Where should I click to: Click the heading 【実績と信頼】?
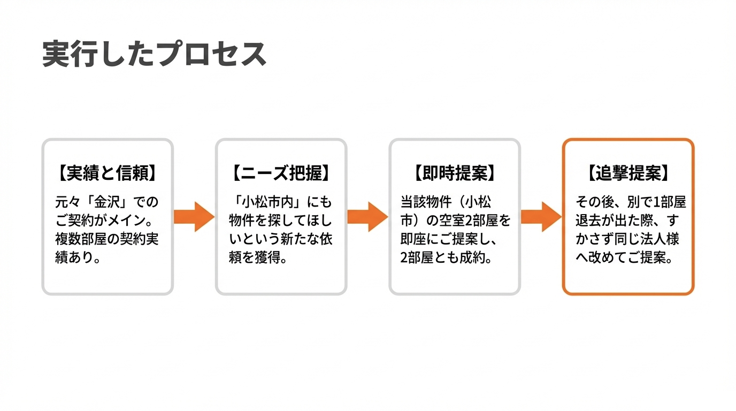(107, 173)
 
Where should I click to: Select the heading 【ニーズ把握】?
(281, 173)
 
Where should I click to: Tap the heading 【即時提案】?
(454, 173)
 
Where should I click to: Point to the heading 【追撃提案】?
(628, 173)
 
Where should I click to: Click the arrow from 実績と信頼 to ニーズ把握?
(194, 217)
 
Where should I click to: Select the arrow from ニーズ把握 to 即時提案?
(367, 217)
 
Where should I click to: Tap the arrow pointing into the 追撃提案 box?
(541, 217)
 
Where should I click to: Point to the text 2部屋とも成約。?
(446, 257)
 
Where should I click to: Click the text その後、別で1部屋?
(630, 202)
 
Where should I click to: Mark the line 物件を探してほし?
(280, 220)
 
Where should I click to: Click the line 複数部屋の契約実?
(107, 239)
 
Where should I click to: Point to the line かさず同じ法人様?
(627, 239)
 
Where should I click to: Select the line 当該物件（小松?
(446, 202)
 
